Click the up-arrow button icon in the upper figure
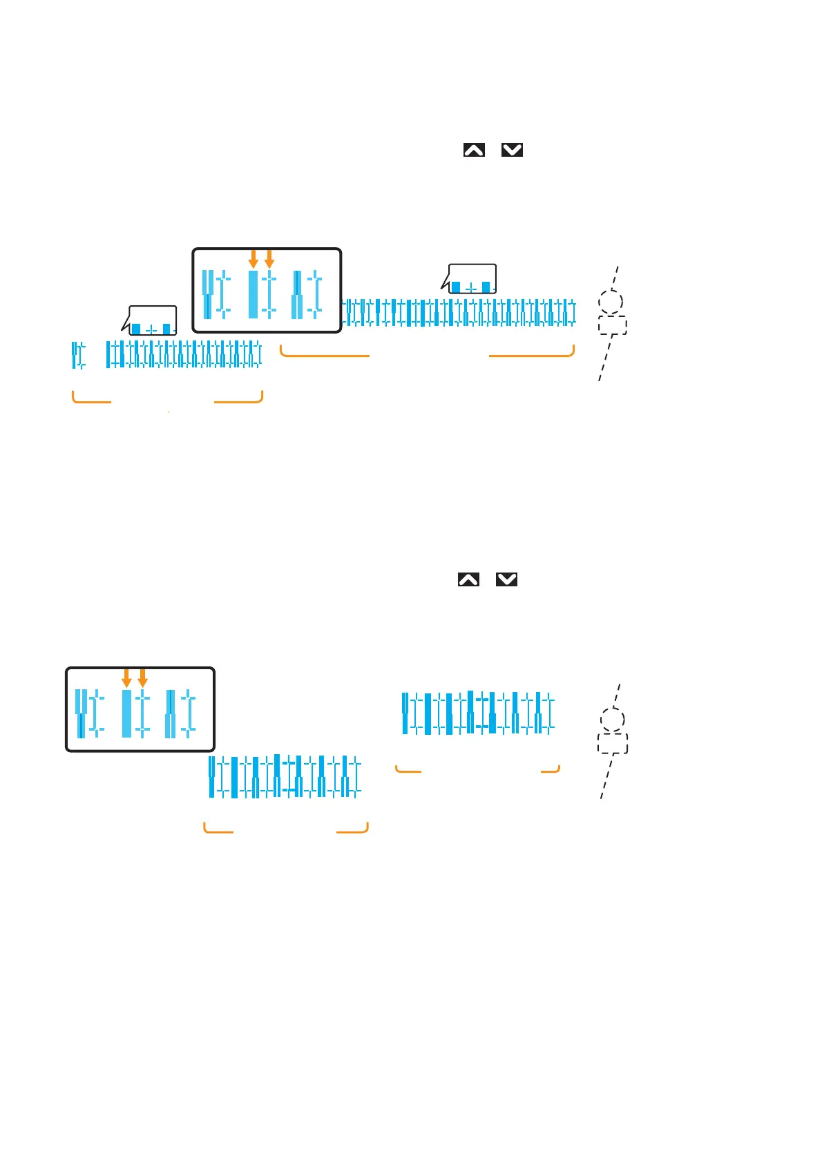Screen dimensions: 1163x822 (x=474, y=150)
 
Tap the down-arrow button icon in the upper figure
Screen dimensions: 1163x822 (x=512, y=150)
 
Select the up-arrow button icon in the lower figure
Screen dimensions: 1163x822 (x=468, y=579)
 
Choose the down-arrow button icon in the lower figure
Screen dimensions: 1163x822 (x=506, y=579)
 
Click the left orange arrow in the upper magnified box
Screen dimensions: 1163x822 (x=253, y=259)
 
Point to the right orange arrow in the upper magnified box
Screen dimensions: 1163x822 (x=269, y=259)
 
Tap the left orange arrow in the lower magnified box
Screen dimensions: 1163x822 (x=126, y=677)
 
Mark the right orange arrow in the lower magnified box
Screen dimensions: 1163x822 (x=143, y=677)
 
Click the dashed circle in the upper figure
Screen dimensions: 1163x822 (x=611, y=302)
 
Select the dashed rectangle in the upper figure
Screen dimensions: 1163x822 (x=612, y=325)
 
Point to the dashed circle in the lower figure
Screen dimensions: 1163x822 (x=612, y=720)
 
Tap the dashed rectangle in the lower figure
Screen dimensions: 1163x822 (x=613, y=744)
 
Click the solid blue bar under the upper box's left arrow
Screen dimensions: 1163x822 (x=253, y=294)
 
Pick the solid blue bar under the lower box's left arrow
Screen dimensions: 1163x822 (x=126, y=713)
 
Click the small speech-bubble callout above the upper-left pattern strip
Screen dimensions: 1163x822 (x=153, y=321)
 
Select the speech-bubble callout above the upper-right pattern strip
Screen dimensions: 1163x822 (x=472, y=279)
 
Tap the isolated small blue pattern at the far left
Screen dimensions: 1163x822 (x=78, y=355)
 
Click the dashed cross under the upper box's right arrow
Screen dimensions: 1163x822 (x=269, y=295)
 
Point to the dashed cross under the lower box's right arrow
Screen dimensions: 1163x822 (x=143, y=713)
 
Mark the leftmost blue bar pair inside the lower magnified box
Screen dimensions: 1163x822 (x=81, y=713)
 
